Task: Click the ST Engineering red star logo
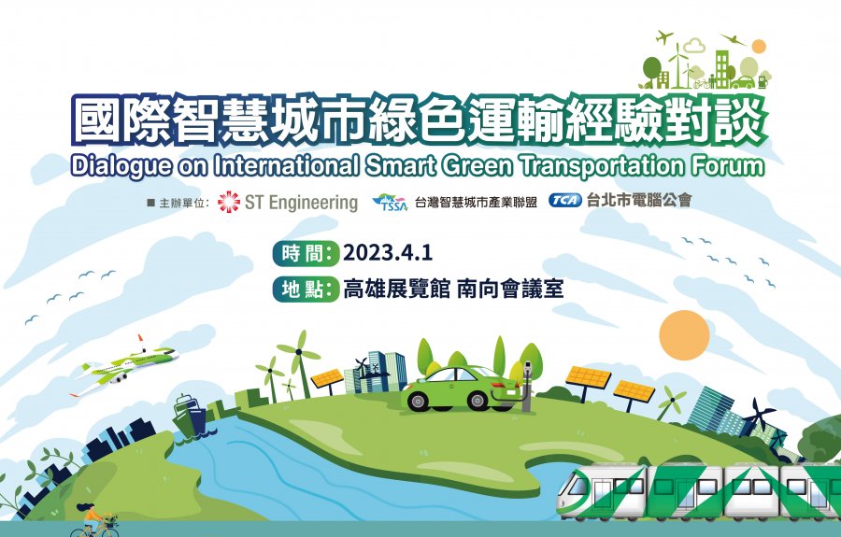pos(229,202)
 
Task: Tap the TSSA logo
pos(391,202)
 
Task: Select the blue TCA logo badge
pos(564,201)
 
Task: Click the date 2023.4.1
pos(388,252)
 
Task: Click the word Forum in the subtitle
pos(727,165)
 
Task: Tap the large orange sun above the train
pos(684,335)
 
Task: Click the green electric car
pos(460,388)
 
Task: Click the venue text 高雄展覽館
pos(396,289)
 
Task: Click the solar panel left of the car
pos(327,379)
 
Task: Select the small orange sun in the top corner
pos(759,47)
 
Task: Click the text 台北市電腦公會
pos(639,201)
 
